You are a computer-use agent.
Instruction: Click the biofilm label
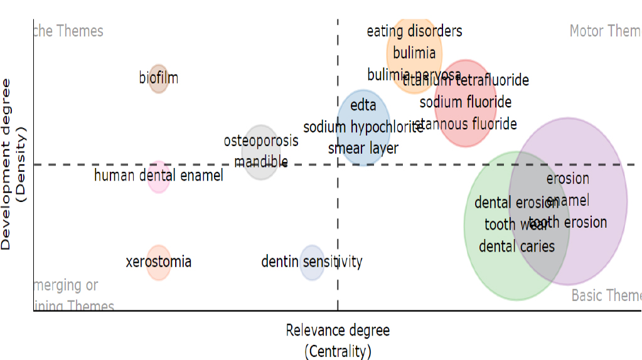pos(158,78)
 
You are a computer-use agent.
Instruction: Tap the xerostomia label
pos(158,262)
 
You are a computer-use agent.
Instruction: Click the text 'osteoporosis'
pos(261,140)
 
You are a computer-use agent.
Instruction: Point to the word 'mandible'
pos(261,162)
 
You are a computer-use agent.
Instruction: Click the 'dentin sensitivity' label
pos(311,262)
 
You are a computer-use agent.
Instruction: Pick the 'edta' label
pos(363,105)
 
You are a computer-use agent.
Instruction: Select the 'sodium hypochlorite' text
pos(363,127)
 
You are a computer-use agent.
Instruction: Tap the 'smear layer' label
pos(363,149)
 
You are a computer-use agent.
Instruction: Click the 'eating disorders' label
pos(414,31)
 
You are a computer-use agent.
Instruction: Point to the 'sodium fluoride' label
pos(465,102)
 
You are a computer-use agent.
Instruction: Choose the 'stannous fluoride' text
pos(465,124)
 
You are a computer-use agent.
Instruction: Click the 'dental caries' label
pos(516,246)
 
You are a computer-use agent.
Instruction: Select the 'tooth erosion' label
pos(568,222)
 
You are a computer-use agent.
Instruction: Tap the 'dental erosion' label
pos(516,203)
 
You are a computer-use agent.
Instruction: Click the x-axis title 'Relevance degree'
pos(338,331)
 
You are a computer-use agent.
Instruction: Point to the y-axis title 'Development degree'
pos(7,164)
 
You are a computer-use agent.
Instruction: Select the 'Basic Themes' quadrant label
pos(606,295)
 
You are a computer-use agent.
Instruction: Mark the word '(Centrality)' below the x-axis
pos(338,351)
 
